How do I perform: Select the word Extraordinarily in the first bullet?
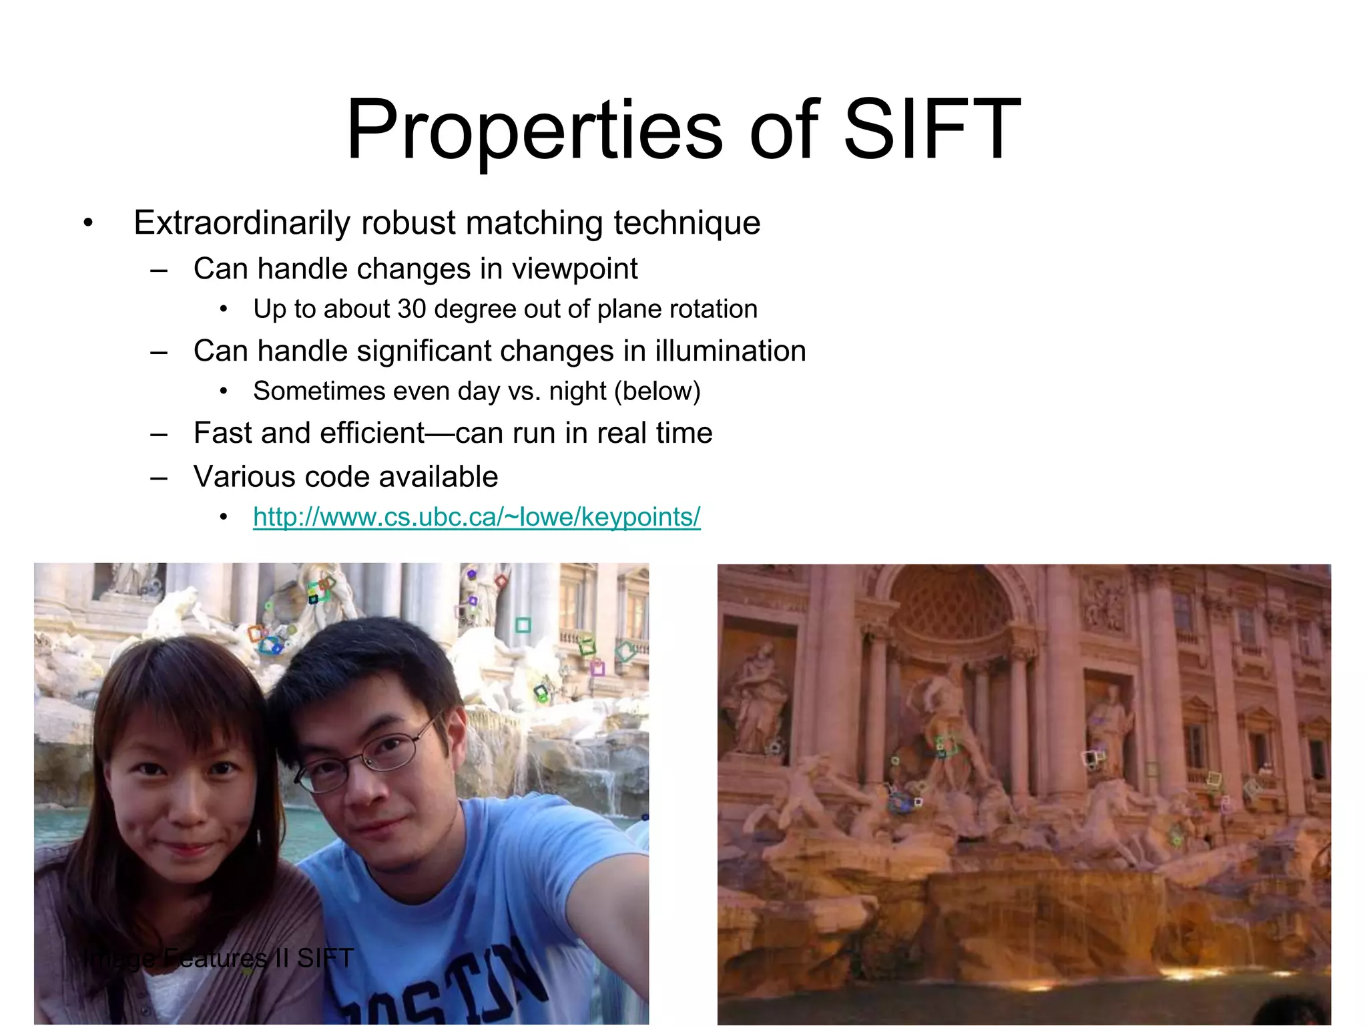click(242, 222)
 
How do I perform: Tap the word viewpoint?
click(575, 269)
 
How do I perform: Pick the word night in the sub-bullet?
click(577, 391)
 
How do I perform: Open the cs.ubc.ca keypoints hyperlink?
click(477, 516)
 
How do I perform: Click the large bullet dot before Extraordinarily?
click(88, 223)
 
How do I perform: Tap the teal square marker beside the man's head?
click(523, 625)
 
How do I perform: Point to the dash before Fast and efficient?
click(159, 434)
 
